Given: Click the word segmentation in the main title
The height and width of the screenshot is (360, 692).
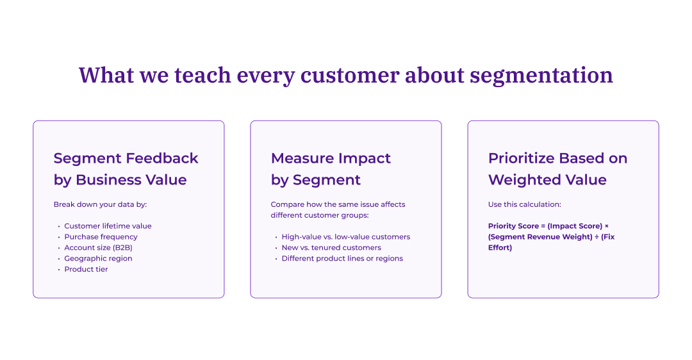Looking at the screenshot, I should (541, 76).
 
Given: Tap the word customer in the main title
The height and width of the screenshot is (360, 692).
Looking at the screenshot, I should (349, 76).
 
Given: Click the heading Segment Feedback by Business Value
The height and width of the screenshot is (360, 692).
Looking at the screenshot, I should (126, 169).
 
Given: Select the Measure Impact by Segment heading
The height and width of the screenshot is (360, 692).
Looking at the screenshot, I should (331, 169).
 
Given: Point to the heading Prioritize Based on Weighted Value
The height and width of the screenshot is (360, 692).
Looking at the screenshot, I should (557, 169).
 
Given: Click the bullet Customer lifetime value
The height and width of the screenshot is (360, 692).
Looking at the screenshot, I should (108, 226).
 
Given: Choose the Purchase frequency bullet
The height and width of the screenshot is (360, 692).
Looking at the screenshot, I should (101, 237).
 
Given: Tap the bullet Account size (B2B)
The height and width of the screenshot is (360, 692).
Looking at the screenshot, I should (98, 248).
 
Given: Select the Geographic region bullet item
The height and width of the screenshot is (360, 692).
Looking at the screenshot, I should (98, 259).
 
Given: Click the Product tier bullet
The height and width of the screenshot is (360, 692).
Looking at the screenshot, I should (86, 270).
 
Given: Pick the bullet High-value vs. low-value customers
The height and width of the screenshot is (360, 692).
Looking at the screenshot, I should (345, 237).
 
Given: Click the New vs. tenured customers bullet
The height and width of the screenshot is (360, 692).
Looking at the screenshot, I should (331, 248).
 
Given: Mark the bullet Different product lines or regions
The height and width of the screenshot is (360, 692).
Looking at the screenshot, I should (342, 259).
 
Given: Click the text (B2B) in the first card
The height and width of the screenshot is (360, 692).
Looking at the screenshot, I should (122, 248).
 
